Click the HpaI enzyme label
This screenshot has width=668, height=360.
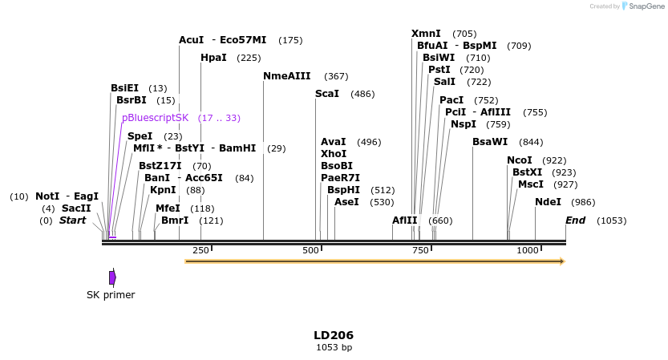pyautogui.click(x=213, y=58)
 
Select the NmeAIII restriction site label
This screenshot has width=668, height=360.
pyautogui.click(x=289, y=76)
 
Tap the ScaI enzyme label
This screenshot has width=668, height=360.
pyautogui.click(x=327, y=94)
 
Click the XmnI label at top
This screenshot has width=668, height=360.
pyautogui.click(x=426, y=34)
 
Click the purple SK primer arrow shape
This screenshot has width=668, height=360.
pyautogui.click(x=112, y=277)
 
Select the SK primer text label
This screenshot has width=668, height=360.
pyautogui.click(x=111, y=294)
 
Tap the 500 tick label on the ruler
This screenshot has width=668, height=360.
pyautogui.click(x=310, y=250)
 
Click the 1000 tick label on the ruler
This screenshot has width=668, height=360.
pyautogui.click(x=528, y=250)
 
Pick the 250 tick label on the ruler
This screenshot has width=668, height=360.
pyautogui.click(x=200, y=250)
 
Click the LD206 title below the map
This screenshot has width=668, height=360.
pyautogui.click(x=334, y=335)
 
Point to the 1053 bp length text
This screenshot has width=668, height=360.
pyautogui.click(x=334, y=347)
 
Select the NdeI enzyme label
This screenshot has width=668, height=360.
pyautogui.click(x=548, y=202)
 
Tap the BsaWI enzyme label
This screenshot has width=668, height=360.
pyautogui.click(x=490, y=142)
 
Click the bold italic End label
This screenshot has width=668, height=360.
pyautogui.click(x=575, y=220)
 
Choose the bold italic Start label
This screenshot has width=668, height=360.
pyautogui.click(x=72, y=220)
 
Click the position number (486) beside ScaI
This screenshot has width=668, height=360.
pyautogui.click(x=362, y=94)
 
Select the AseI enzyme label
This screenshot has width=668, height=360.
pyautogui.click(x=346, y=202)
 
